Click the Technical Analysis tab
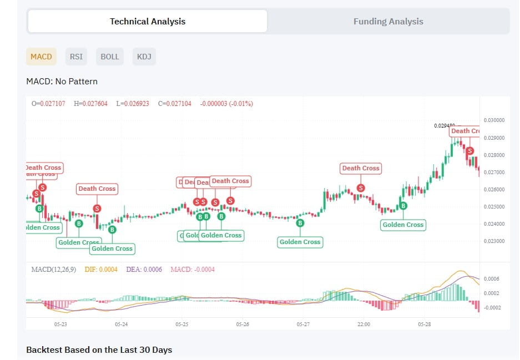pyautogui.click(x=148, y=22)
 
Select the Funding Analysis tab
pyautogui.click(x=388, y=22)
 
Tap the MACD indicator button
pyautogui.click(x=41, y=57)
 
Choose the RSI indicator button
pyautogui.click(x=75, y=57)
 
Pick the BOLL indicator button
pyautogui.click(x=109, y=57)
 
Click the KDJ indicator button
pyautogui.click(x=144, y=57)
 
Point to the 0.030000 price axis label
pyautogui.click(x=494, y=120)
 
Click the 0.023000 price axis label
pyautogui.click(x=494, y=241)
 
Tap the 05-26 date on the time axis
pyautogui.click(x=242, y=324)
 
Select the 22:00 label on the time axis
pyautogui.click(x=364, y=324)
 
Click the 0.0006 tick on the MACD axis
pyautogui.click(x=492, y=278)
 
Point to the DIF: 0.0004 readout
pyautogui.click(x=101, y=270)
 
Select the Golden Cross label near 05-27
pyautogui.click(x=300, y=242)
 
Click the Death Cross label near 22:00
pyautogui.click(x=361, y=168)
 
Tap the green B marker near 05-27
pyautogui.click(x=301, y=223)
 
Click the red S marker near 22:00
pyautogui.click(x=361, y=188)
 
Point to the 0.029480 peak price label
pyautogui.click(x=445, y=126)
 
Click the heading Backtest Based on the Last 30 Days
pyautogui.click(x=99, y=350)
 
